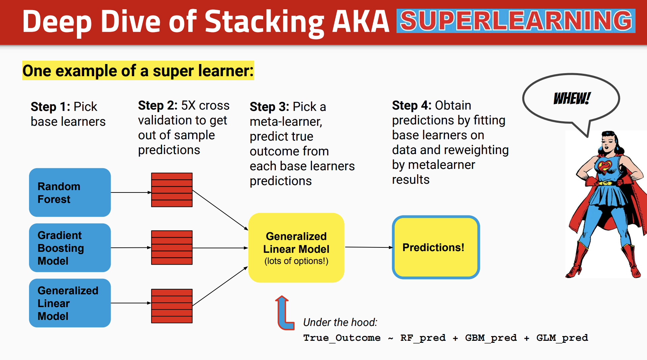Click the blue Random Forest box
click(x=70, y=192)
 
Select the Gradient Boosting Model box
click(x=70, y=248)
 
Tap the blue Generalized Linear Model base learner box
click(x=70, y=303)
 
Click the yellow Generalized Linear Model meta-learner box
click(x=296, y=248)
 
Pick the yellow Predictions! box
click(x=436, y=247)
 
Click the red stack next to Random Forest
click(x=172, y=190)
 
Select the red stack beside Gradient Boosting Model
click(x=172, y=247)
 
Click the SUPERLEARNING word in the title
click(x=516, y=21)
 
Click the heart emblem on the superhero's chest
click(x=604, y=166)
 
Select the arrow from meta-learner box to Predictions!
click(x=369, y=247)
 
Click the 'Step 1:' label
click(x=50, y=107)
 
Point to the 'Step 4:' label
click(x=412, y=105)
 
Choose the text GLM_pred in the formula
click(x=562, y=338)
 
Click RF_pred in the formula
click(x=423, y=338)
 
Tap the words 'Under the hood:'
click(x=340, y=322)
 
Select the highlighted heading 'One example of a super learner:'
click(x=138, y=70)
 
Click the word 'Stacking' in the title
click(x=264, y=22)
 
